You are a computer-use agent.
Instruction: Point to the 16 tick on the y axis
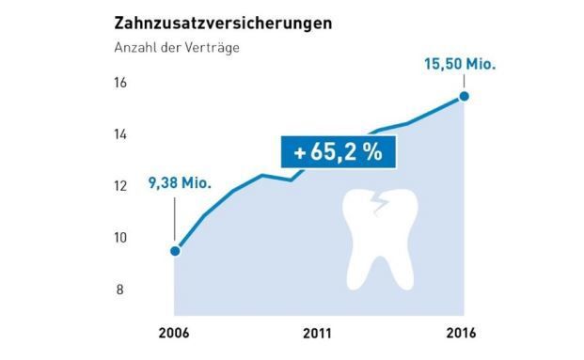coord(121,83)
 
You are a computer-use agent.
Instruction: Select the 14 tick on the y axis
coord(121,134)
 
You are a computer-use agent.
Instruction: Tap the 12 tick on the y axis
coord(121,186)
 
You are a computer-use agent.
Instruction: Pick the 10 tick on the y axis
coord(121,238)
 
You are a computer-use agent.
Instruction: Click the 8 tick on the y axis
coord(121,290)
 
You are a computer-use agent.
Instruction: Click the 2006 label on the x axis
coord(175,334)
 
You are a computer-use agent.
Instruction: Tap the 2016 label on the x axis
coord(463,334)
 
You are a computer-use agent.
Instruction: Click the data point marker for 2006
coord(175,251)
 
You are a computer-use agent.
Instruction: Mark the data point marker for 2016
coord(463,96)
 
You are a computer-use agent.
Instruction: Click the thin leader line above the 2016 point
coord(463,83)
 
